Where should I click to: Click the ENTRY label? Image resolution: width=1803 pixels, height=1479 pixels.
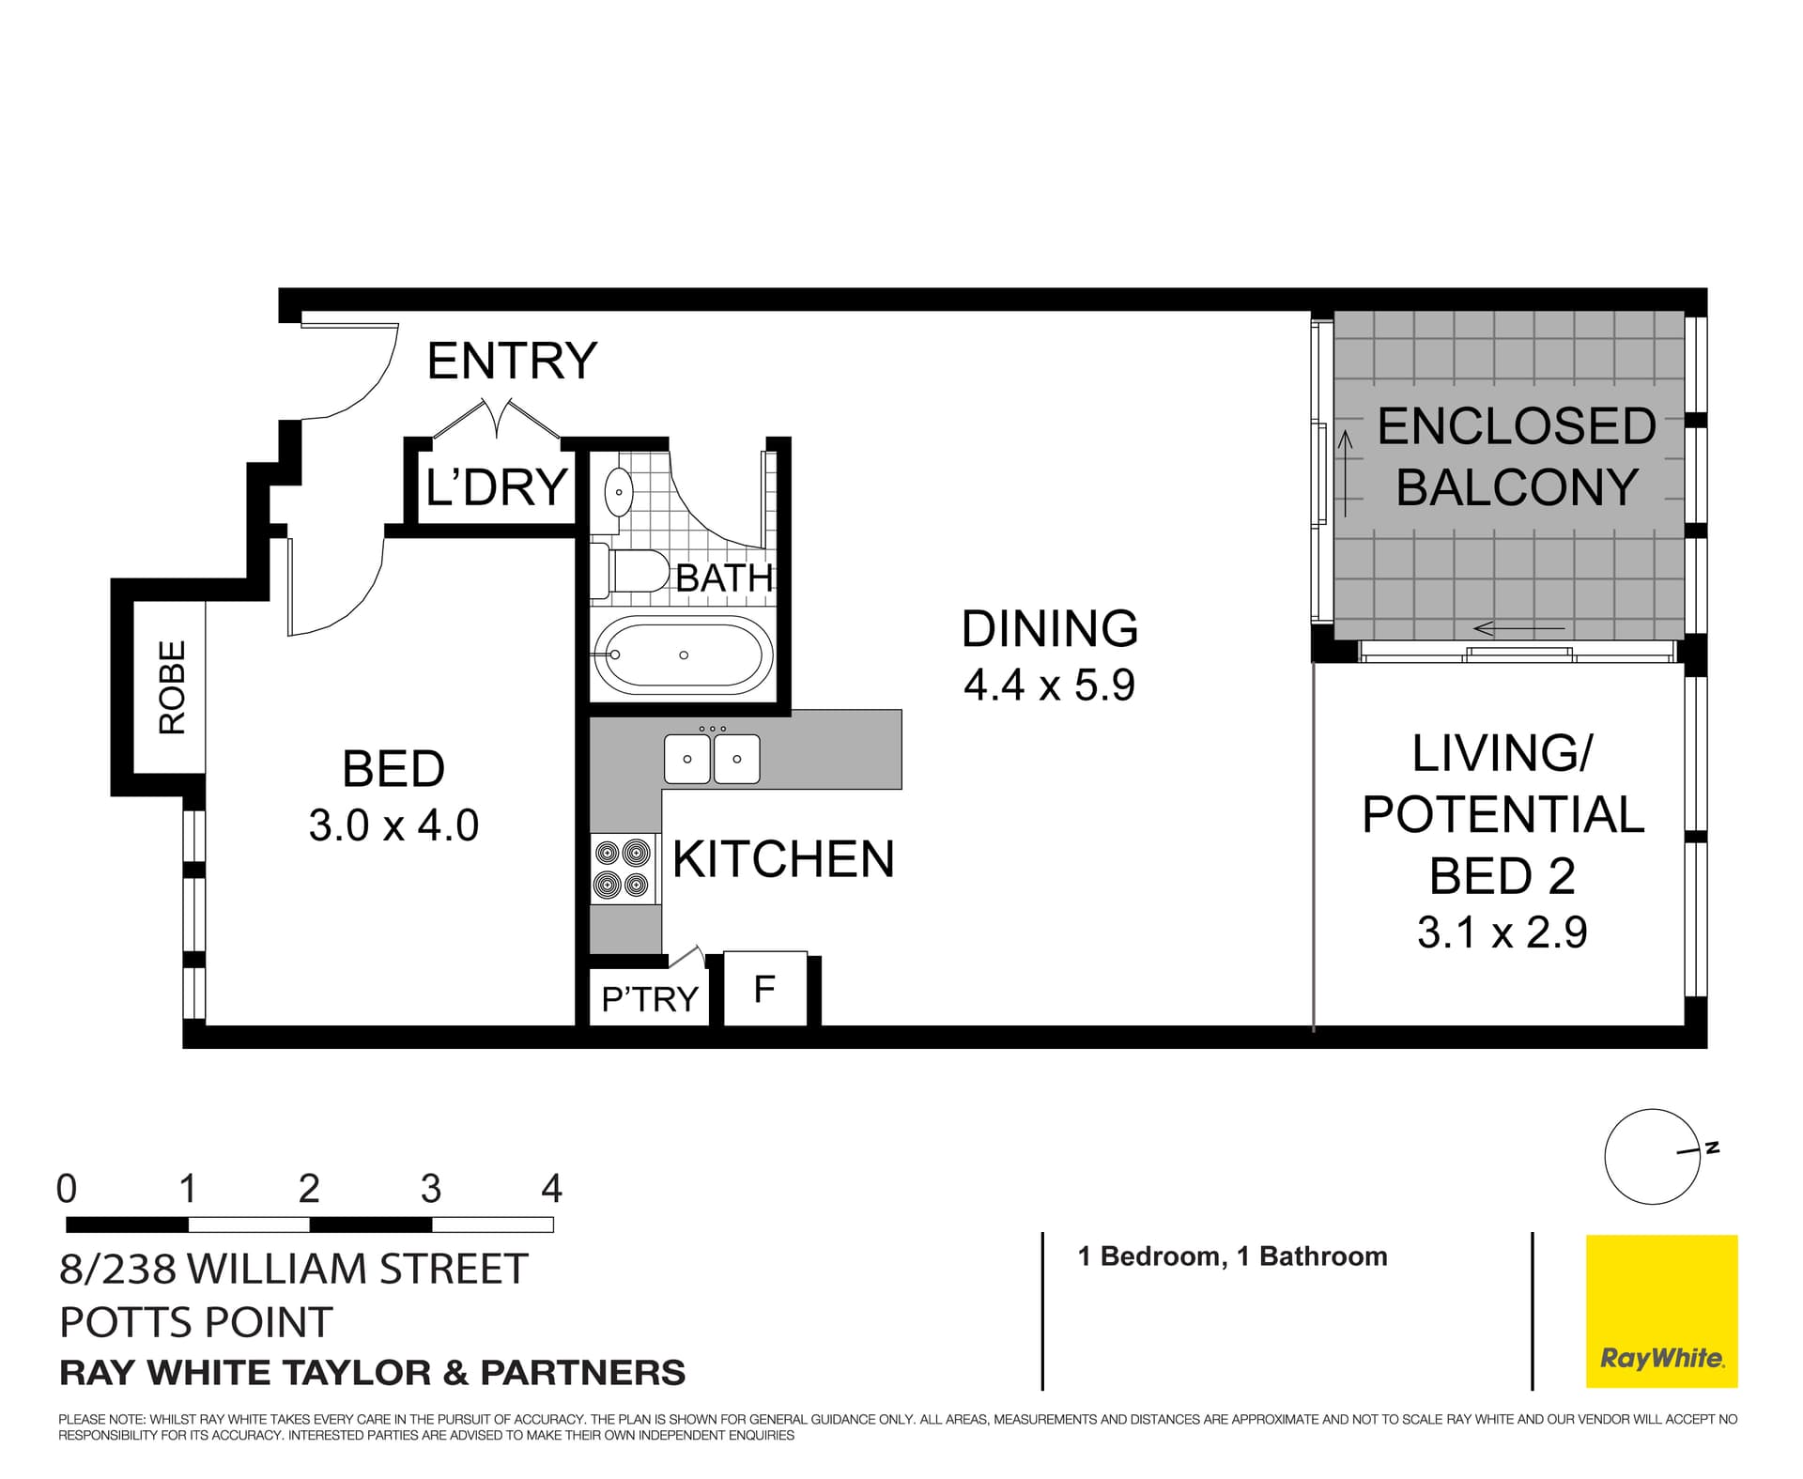pos(512,361)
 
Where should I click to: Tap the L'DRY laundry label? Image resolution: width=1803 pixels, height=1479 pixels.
pos(496,487)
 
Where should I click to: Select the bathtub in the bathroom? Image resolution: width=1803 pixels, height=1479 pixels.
pos(683,655)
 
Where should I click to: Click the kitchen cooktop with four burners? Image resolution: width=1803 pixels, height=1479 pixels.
pos(623,869)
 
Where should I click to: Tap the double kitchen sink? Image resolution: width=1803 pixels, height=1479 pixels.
pos(712,759)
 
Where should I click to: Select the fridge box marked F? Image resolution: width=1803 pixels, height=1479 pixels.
pos(764,989)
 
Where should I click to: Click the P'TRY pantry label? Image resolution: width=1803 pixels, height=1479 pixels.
pos(650,999)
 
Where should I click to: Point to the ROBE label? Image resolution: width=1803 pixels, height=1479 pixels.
pos(172,686)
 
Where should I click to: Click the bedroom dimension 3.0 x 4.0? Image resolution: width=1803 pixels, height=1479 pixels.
pos(393,826)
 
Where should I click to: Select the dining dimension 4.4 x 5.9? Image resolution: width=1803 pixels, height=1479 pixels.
pos(1049,686)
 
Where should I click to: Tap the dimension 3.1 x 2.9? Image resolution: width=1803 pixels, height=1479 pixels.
pos(1502,932)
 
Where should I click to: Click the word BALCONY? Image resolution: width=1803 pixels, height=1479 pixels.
pos(1517,487)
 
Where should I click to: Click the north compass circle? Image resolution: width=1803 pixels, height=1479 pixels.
pos(1652,1157)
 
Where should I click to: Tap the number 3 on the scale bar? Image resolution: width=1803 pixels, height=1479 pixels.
pos(430,1189)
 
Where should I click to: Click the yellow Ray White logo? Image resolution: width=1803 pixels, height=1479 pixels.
pos(1661,1311)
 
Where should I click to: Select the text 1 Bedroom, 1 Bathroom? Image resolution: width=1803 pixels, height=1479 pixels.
pos(1232,1256)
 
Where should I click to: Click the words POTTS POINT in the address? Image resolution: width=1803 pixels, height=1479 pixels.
pos(195,1322)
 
